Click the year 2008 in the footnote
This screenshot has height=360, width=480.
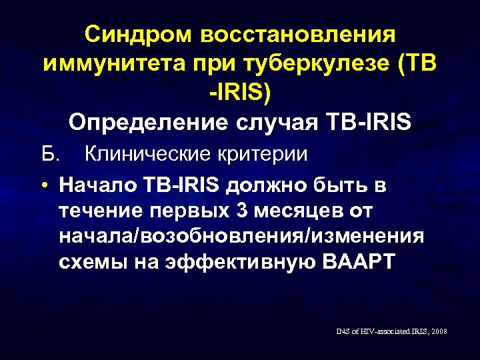(439, 331)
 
